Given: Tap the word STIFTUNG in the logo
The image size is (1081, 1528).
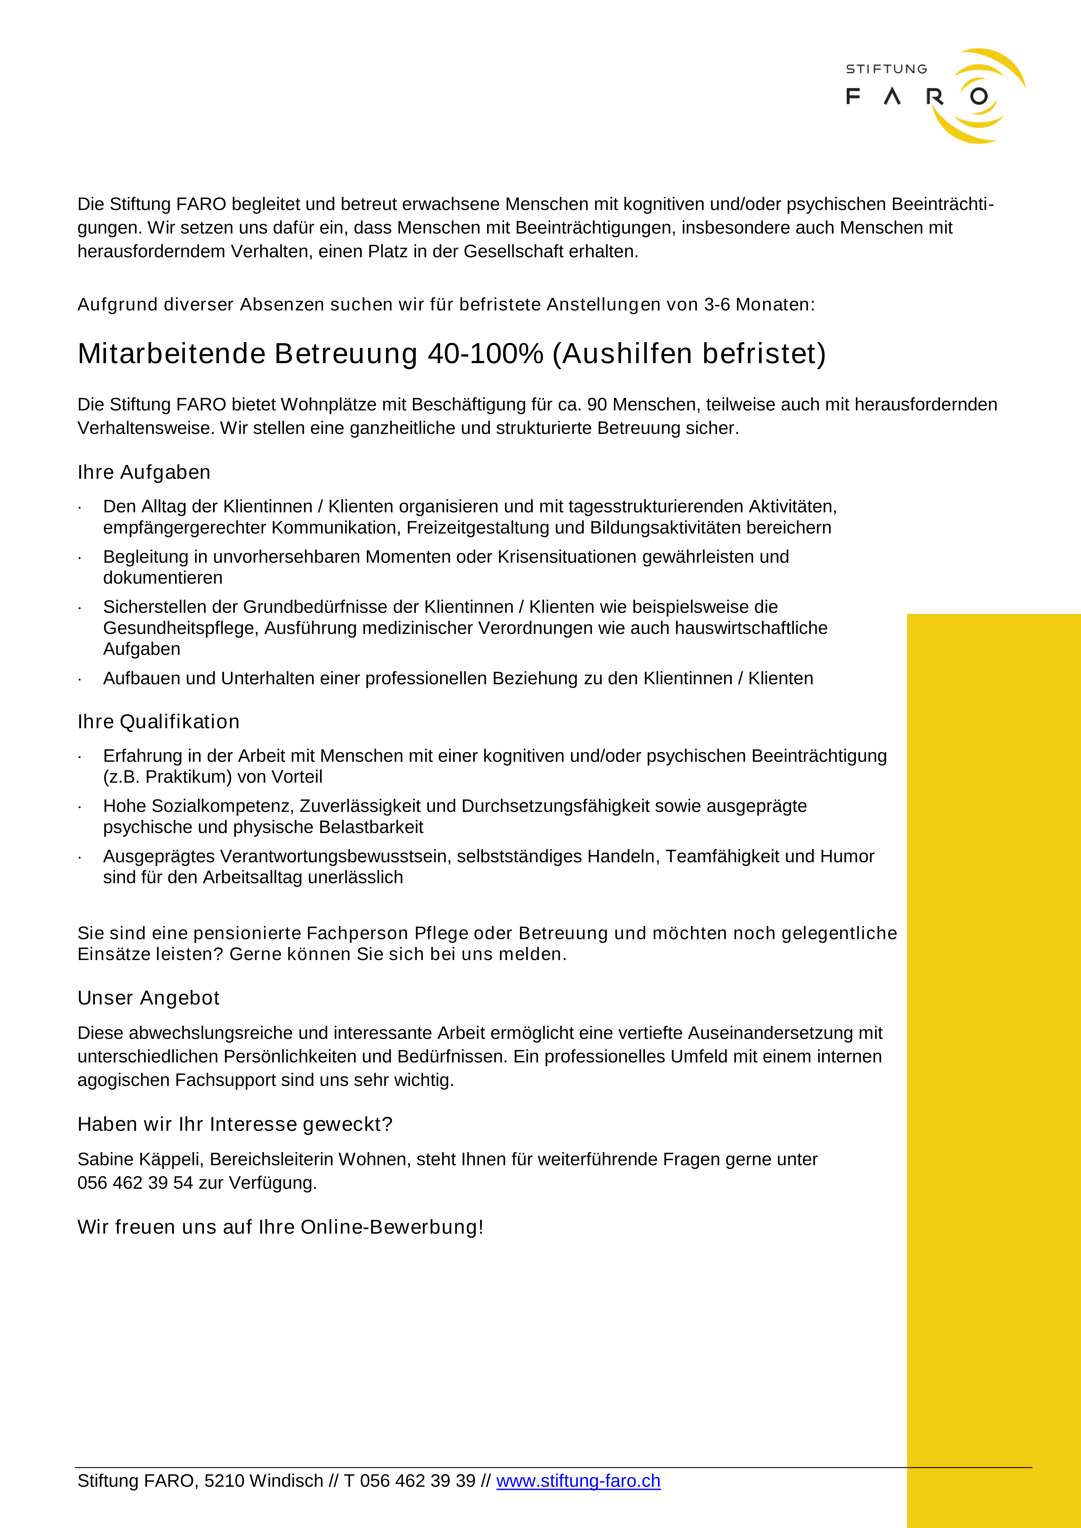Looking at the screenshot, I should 886,69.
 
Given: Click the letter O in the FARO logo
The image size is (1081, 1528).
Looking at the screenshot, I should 978,96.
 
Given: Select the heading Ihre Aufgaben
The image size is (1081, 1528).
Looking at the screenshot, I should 144,473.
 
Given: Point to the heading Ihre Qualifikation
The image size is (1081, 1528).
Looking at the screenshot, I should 158,722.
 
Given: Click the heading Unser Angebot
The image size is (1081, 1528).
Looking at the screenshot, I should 149,998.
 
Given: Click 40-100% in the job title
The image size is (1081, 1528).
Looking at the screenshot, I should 485,354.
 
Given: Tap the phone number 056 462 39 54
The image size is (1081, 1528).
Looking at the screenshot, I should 135,1183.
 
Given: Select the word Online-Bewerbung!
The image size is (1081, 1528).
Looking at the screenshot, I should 392,1227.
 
